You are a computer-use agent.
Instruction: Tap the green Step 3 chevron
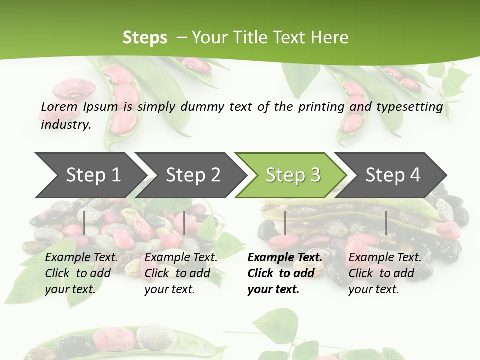(293, 175)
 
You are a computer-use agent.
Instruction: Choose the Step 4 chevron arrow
(393, 175)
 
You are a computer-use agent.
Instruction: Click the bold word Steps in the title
(145, 38)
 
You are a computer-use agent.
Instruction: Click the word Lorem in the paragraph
(59, 106)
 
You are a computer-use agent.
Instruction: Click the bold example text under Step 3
(285, 273)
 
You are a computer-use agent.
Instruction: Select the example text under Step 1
(81, 273)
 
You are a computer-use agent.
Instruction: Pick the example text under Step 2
(181, 273)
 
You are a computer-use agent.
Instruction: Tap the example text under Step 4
(385, 273)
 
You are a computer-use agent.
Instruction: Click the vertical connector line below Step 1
(84, 223)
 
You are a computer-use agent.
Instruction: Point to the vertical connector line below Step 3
(285, 223)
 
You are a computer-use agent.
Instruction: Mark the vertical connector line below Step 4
(386, 223)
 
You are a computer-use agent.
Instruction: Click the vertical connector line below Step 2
(184, 223)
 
